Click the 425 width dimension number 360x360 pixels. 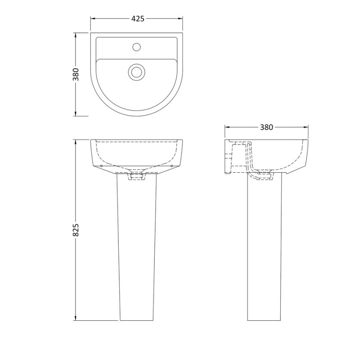coord(137,18)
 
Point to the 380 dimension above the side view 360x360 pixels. coord(266,127)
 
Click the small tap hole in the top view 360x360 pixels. coord(137,46)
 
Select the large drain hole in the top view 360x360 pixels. coord(136,72)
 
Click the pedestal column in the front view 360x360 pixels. coord(137,247)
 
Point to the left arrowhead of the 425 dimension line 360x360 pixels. coord(93,18)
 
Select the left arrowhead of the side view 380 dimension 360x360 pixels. coord(227,127)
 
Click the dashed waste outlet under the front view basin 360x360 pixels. coord(137,177)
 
